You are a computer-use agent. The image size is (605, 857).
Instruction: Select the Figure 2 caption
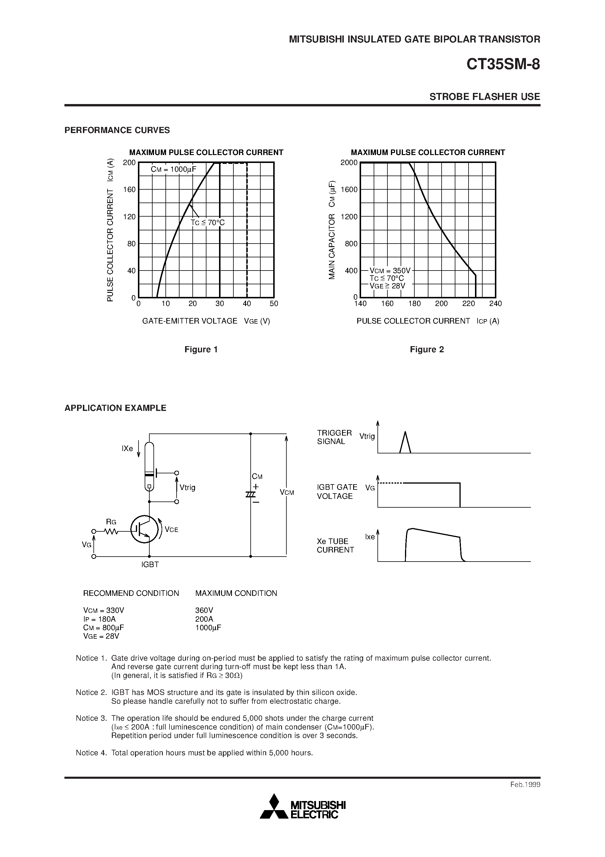(x=427, y=349)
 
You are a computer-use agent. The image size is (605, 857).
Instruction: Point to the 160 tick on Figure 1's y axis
(x=129, y=190)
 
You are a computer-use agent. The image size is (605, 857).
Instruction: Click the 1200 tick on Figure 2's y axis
(x=349, y=217)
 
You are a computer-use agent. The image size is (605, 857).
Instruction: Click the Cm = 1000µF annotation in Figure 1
(x=173, y=169)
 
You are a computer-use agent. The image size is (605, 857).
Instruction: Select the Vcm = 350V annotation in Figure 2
(x=390, y=271)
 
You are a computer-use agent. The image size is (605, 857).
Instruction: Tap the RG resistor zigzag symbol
(x=111, y=531)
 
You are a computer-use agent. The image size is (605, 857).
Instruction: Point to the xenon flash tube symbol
(x=149, y=466)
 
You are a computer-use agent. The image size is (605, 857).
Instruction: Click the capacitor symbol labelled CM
(x=251, y=494)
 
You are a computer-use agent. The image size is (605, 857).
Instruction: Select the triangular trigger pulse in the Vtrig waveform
(x=405, y=443)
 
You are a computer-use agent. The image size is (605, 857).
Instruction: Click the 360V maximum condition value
(x=204, y=610)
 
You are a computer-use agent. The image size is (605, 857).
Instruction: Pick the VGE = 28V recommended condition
(x=101, y=636)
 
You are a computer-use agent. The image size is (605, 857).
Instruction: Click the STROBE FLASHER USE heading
(x=485, y=97)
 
